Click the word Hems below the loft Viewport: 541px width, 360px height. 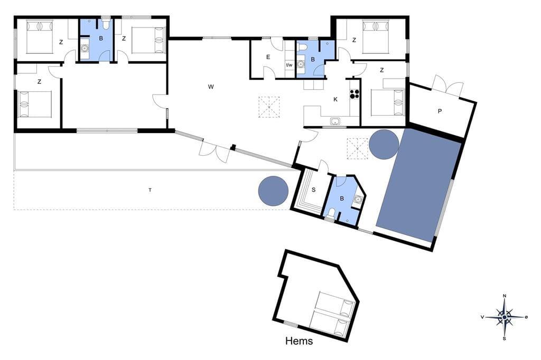tap(299, 341)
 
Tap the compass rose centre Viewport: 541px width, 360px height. tap(505, 317)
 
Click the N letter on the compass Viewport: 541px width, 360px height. tap(505, 296)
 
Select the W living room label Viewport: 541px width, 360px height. tap(211, 87)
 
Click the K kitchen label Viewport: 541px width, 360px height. tap(335, 100)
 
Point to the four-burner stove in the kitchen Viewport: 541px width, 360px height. tap(355, 94)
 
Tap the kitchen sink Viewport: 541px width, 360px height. tap(334, 121)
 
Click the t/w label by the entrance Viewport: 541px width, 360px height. tap(289, 65)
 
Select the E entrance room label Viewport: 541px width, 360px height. tap(268, 57)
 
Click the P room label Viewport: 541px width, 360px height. tap(440, 111)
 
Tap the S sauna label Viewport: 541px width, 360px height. tap(314, 190)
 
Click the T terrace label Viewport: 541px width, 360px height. tap(150, 190)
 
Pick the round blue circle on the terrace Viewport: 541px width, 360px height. tap(273, 191)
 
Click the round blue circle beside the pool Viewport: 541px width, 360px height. tap(384, 145)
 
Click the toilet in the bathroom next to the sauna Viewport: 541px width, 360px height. tap(331, 213)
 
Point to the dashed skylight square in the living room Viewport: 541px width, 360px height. tap(269, 107)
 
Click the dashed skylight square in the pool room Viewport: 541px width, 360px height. tap(358, 149)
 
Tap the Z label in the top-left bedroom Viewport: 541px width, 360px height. tap(61, 42)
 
